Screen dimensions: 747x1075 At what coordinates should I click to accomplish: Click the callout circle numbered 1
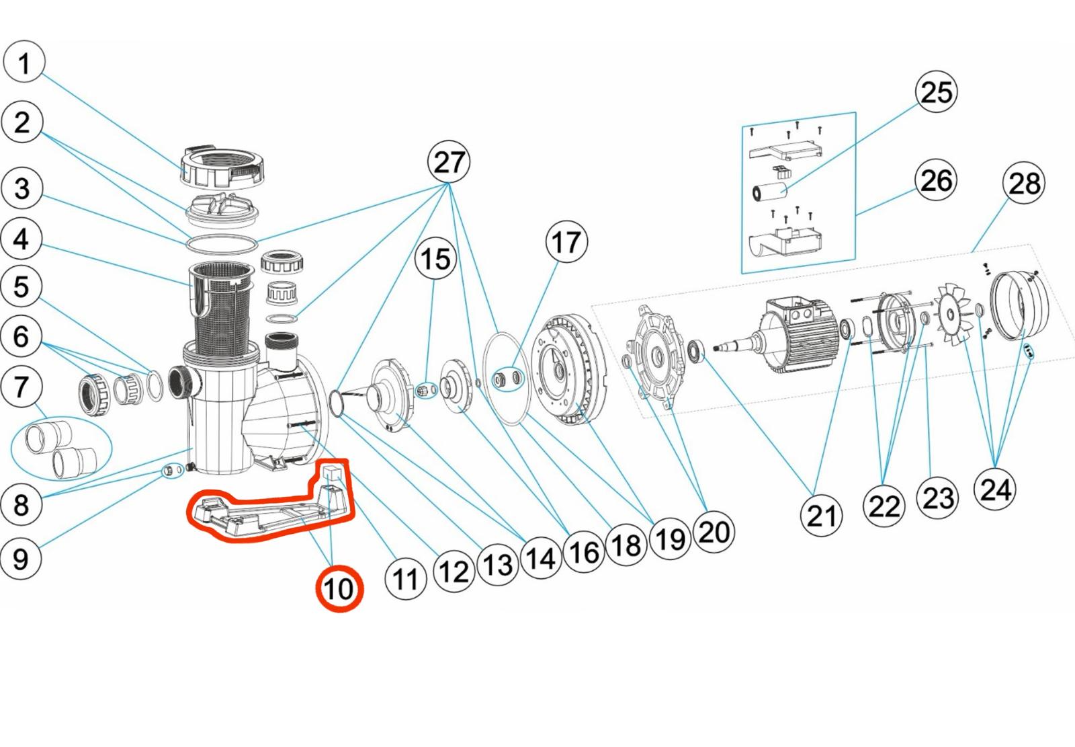pyautogui.click(x=24, y=63)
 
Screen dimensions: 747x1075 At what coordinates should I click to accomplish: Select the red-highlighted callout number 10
pyautogui.click(x=339, y=589)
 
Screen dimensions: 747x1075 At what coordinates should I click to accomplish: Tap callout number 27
pyautogui.click(x=449, y=162)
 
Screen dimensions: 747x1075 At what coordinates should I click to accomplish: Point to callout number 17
pyautogui.click(x=566, y=242)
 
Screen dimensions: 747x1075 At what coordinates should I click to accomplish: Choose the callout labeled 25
pyautogui.click(x=936, y=91)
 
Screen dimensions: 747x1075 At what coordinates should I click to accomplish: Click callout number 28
pyautogui.click(x=1023, y=183)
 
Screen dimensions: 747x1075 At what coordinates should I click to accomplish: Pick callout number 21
pyautogui.click(x=822, y=516)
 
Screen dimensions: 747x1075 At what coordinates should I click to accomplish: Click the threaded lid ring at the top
pyautogui.click(x=221, y=165)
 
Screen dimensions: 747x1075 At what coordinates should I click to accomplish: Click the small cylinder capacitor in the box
pyautogui.click(x=770, y=192)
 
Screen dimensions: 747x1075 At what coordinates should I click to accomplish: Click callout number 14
pyautogui.click(x=541, y=557)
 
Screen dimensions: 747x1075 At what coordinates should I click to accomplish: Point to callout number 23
pyautogui.click(x=938, y=498)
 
